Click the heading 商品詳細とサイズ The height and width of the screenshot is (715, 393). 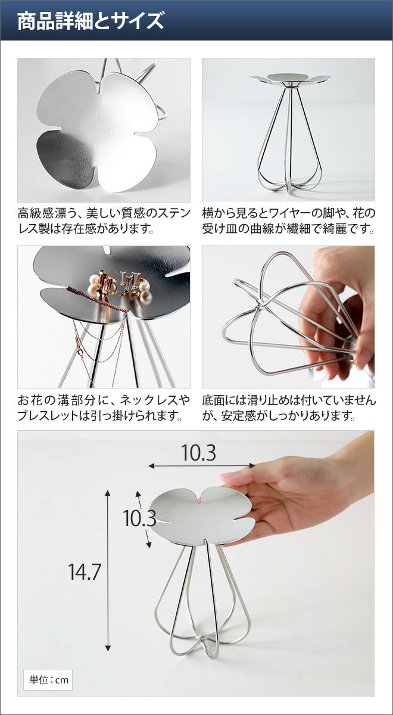click(91, 21)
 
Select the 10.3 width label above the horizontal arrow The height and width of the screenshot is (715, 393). click(199, 453)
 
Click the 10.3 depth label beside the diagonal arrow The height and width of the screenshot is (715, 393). click(140, 518)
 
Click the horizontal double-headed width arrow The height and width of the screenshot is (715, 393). click(202, 467)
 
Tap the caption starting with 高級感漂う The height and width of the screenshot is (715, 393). click(104, 221)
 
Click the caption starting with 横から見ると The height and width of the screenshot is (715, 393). click(288, 221)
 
